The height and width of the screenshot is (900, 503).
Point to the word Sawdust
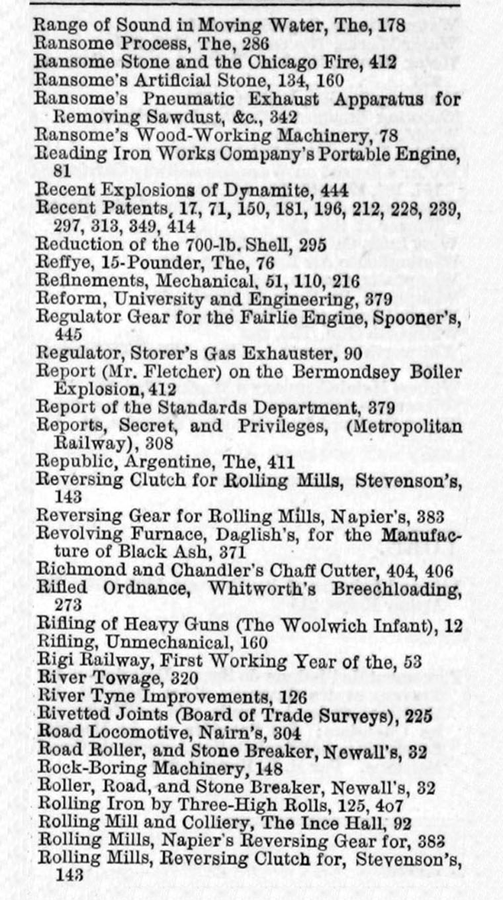point(187,117)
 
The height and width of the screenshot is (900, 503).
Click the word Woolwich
point(315,623)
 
